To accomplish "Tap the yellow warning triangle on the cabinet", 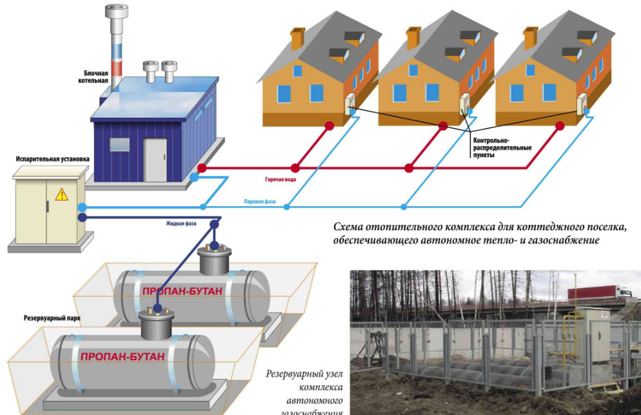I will (61, 193).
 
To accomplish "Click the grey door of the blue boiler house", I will (155, 160).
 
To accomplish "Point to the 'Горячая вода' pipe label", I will (280, 179).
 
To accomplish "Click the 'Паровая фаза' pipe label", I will (260, 202).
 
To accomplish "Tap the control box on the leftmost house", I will (351, 102).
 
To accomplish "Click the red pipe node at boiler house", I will (202, 168).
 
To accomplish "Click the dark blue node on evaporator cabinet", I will (82, 217).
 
